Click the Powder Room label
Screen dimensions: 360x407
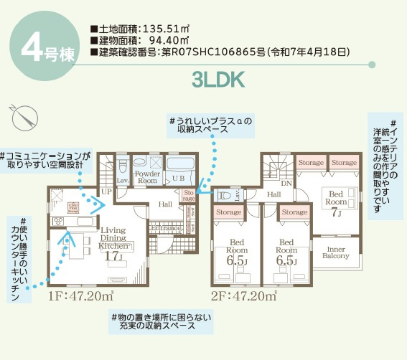click(147, 177)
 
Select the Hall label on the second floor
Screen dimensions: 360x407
click(273, 194)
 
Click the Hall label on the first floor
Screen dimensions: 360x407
click(164, 204)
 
